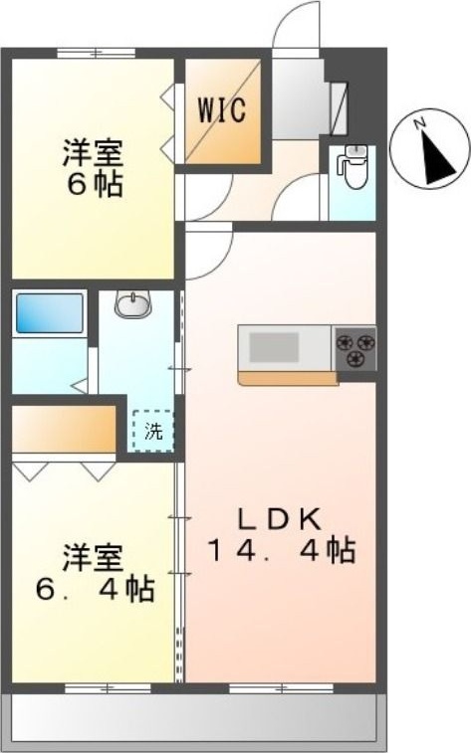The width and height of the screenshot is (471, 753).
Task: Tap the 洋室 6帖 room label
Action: [95, 169]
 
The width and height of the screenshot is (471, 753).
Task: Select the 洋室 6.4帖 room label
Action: [97, 572]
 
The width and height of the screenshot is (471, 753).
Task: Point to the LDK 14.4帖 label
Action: [282, 534]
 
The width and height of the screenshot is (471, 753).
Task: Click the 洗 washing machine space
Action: [153, 431]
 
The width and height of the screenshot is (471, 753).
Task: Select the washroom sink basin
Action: [132, 303]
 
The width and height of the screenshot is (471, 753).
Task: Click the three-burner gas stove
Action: [355, 346]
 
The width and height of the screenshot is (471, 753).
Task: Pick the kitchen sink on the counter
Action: [275, 347]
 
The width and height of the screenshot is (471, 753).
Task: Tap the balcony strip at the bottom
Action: [194, 718]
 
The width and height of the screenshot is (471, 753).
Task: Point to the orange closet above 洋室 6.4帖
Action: [65, 428]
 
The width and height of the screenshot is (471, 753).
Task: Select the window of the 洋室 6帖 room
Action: [98, 53]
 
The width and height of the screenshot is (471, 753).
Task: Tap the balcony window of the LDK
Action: [267, 687]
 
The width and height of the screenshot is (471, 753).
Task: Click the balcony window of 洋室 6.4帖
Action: [108, 687]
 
